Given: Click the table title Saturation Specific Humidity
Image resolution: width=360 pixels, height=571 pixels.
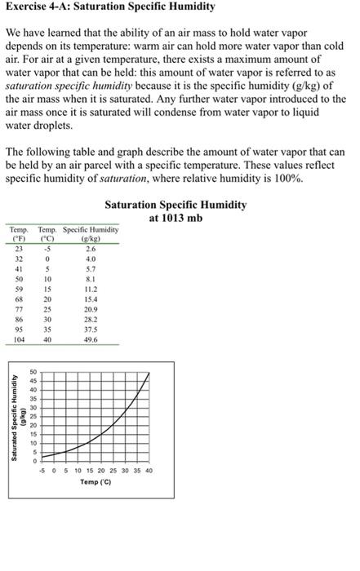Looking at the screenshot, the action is point(176,205).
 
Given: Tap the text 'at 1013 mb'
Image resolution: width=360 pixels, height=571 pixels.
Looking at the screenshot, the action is point(176,218).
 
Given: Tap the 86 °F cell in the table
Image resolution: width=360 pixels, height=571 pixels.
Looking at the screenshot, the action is point(18,321).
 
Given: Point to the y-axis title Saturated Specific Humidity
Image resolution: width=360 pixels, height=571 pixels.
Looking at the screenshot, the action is point(15,415).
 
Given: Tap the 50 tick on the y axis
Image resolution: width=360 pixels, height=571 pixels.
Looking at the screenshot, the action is point(34,371).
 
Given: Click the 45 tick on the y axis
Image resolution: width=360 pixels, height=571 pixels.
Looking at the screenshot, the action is point(34,380).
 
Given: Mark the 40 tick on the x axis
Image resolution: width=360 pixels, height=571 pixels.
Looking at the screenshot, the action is point(149,471).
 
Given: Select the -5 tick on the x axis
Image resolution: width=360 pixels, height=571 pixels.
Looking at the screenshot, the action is point(42,471).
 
